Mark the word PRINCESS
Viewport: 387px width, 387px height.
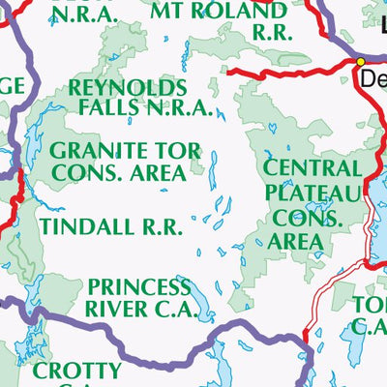click(138, 287)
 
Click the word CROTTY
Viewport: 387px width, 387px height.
click(76, 371)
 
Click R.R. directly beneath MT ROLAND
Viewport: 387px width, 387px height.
click(271, 33)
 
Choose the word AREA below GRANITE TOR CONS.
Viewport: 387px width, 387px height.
click(154, 173)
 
